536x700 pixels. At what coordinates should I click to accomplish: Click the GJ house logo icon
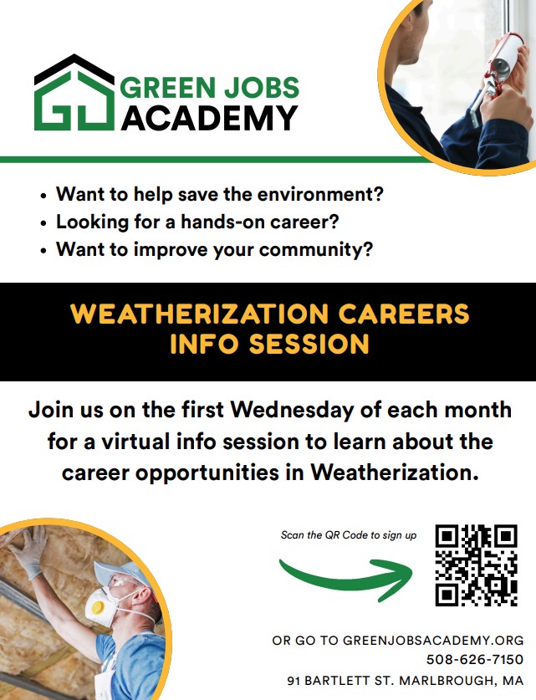pos(74,93)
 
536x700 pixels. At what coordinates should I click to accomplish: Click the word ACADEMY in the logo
pos(209,118)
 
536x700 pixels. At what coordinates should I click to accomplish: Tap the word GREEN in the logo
pos(168,88)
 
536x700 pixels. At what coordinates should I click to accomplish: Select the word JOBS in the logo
pos(262,88)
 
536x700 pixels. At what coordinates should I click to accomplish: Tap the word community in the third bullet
pos(315,249)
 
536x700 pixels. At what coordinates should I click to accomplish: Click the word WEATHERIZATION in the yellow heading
pos(200,314)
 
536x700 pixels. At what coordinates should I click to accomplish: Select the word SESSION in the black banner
pos(309,344)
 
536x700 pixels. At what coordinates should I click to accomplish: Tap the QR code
pos(476,565)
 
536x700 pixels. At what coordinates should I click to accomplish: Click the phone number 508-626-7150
pos(475,659)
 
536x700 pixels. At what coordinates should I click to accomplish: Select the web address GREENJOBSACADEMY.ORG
pos(433,640)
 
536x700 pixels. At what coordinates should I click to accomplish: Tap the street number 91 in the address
pos(294,681)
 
